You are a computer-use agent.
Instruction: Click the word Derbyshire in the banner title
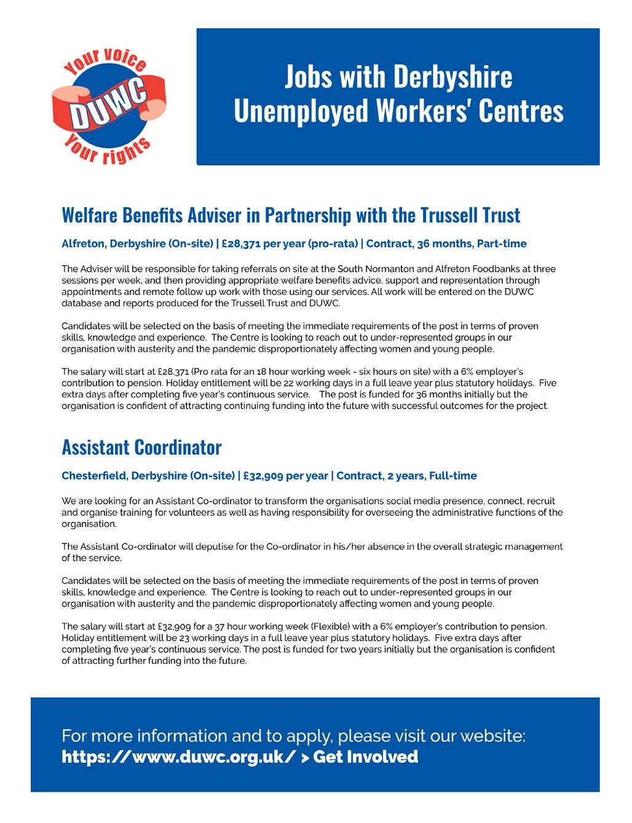point(452,77)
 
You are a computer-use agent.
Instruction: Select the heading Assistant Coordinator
point(141,447)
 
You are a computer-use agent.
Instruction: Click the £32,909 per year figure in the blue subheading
point(285,476)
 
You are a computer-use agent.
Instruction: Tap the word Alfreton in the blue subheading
point(84,243)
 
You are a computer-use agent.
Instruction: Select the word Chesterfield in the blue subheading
point(94,476)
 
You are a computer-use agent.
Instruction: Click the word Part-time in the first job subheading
point(502,243)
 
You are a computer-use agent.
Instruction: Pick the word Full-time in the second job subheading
point(452,476)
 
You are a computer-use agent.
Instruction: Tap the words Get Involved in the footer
point(366,757)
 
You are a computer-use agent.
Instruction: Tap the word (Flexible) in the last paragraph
point(287,626)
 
